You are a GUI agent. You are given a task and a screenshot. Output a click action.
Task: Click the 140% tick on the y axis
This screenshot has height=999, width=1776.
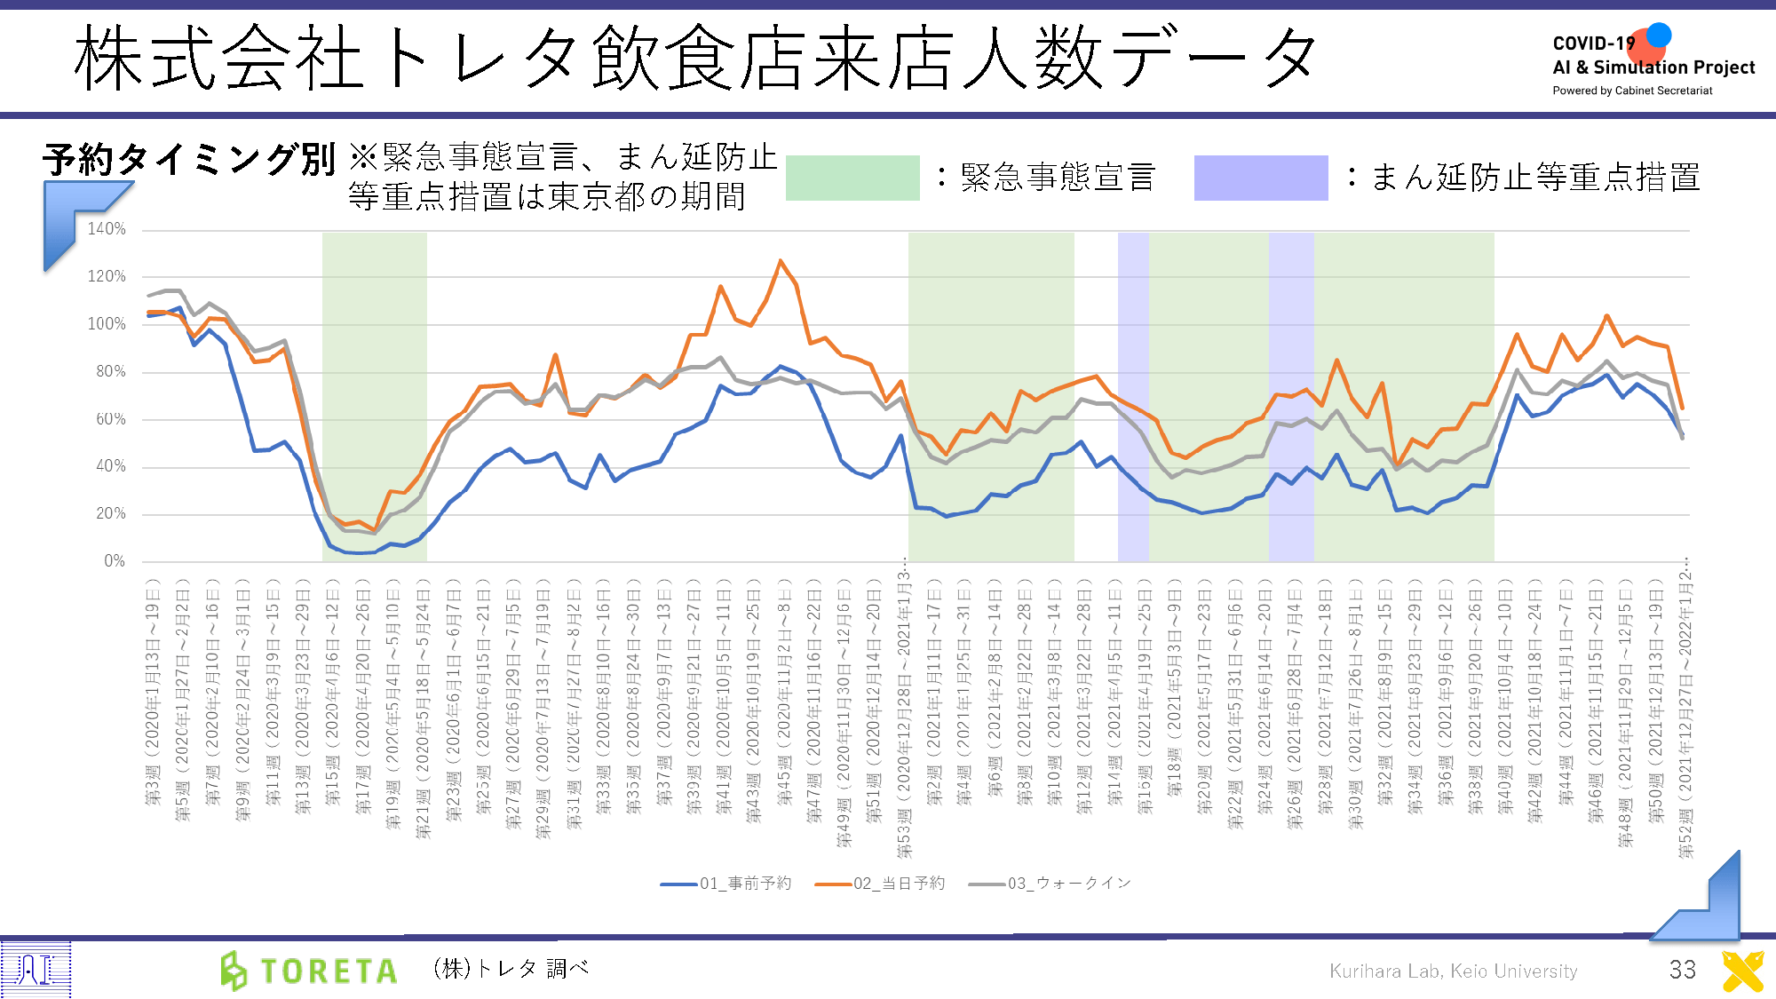(x=107, y=229)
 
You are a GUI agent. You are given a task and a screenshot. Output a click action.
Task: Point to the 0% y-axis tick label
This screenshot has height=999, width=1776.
(x=115, y=561)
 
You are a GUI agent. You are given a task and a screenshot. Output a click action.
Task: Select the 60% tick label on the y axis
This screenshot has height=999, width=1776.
(x=111, y=419)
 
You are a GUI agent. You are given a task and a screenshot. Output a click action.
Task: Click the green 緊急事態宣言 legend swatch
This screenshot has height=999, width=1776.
(x=852, y=178)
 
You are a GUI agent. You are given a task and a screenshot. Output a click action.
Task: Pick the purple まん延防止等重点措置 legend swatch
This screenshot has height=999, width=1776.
(x=1260, y=178)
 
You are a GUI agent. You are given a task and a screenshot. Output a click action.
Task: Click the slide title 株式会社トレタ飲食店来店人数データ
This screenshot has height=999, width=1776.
(x=693, y=59)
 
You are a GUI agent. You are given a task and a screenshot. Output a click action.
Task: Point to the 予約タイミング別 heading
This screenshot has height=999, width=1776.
(x=188, y=160)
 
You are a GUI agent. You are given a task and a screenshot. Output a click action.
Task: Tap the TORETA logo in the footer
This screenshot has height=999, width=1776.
(x=309, y=971)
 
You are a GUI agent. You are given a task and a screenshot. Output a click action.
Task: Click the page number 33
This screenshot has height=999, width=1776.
(x=1682, y=970)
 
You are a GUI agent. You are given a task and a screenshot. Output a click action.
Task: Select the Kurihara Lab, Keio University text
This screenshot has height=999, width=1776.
(x=1453, y=971)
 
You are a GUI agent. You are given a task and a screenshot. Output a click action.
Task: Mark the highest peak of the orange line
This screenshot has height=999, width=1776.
(x=781, y=260)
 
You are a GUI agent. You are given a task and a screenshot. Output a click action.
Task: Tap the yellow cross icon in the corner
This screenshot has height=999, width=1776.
(x=1742, y=971)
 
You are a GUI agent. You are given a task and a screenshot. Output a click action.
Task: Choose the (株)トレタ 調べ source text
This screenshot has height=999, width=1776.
(x=511, y=969)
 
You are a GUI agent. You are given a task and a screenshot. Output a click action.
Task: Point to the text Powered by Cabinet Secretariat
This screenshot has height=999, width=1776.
(x=1632, y=91)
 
